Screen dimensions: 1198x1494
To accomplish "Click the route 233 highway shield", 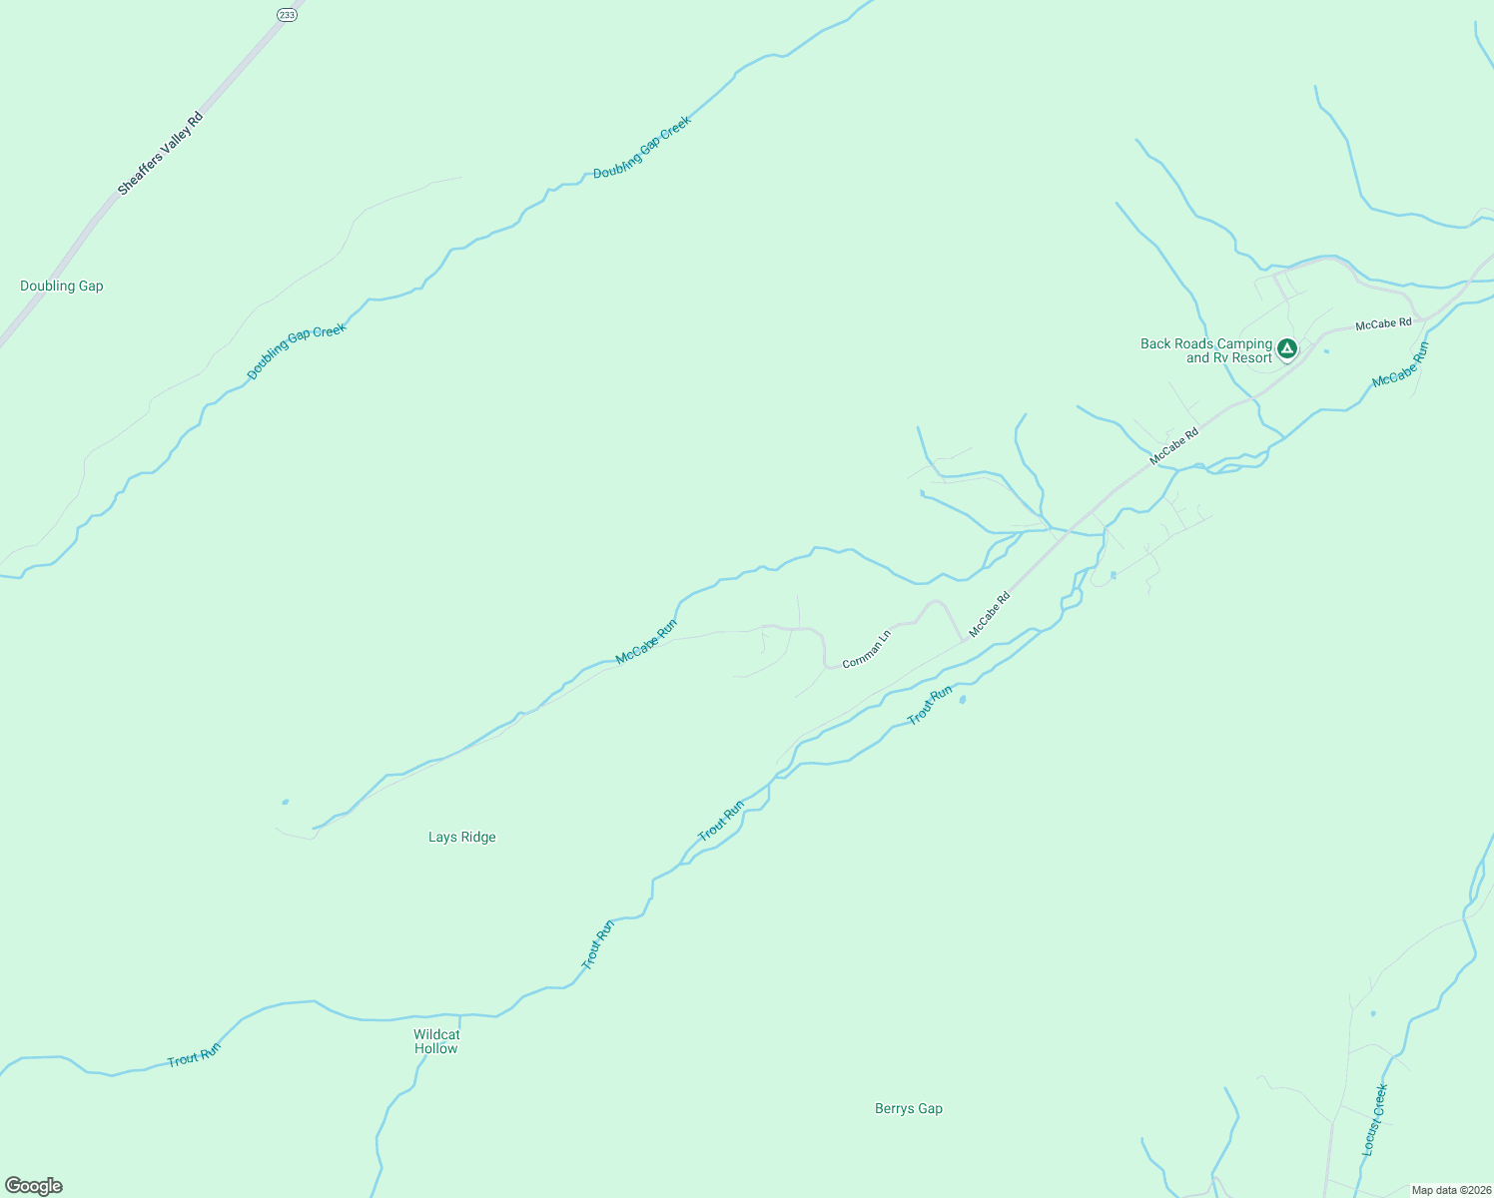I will (x=288, y=15).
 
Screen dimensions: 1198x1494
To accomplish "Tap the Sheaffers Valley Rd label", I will (x=160, y=154).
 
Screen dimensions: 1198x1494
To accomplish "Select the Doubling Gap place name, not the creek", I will (x=62, y=287).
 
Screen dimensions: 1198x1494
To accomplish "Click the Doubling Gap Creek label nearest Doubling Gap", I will (x=297, y=351).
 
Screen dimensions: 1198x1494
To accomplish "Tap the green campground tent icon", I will (x=1287, y=348).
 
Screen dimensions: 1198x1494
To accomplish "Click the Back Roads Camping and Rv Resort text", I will (x=1206, y=350).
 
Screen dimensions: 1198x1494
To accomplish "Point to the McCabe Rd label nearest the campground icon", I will (x=1383, y=323).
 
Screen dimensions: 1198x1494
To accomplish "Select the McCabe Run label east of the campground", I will (x=1401, y=365).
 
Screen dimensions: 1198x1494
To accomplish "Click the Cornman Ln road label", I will (x=866, y=649).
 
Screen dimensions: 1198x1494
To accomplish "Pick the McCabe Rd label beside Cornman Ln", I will (x=990, y=614).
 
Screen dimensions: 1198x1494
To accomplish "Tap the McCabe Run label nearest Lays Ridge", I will (x=646, y=642).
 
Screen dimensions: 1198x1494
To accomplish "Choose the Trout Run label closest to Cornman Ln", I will (x=930, y=705).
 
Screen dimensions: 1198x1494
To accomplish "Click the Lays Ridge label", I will (x=462, y=838).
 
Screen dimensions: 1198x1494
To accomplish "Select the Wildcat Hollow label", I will (x=436, y=1041).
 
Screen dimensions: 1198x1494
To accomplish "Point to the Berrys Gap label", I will (x=909, y=1109).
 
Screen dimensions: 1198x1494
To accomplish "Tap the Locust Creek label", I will (x=1375, y=1120).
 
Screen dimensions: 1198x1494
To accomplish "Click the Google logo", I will (x=34, y=1186).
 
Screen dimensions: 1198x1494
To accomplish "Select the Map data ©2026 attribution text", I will (x=1450, y=1190).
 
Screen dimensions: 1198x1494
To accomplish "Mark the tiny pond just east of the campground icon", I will (x=1326, y=351).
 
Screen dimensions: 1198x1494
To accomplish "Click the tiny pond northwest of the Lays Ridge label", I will (x=286, y=802).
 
